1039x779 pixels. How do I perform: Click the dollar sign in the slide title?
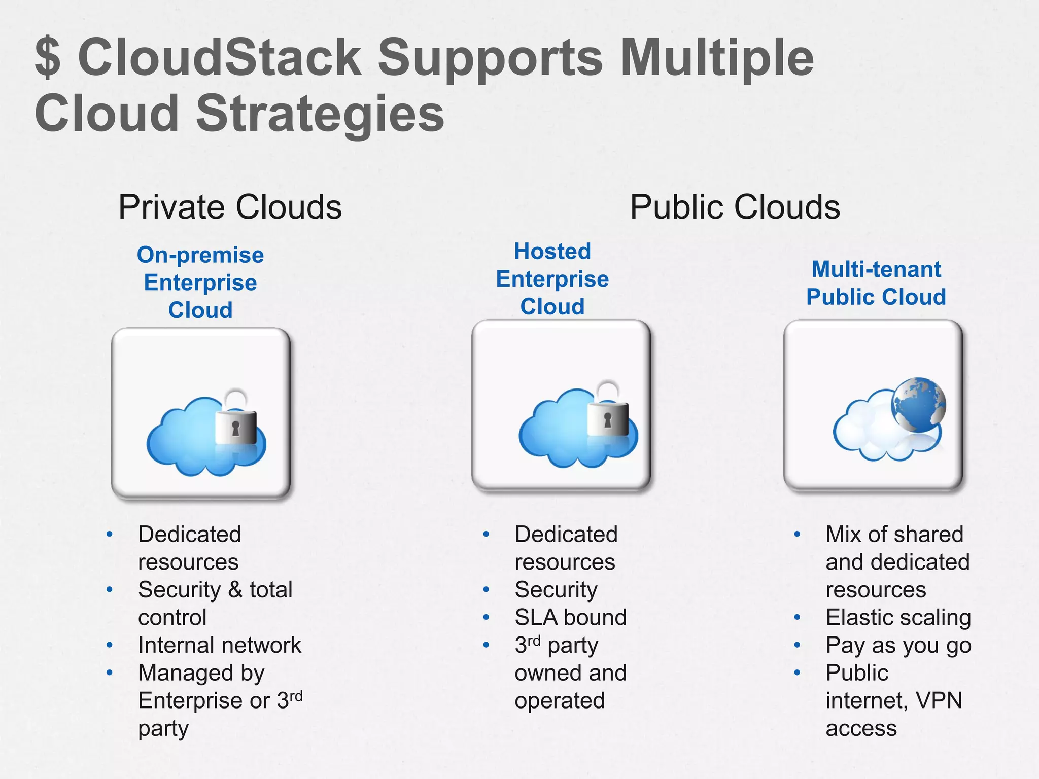tap(48, 57)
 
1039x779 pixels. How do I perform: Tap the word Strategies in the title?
tap(320, 114)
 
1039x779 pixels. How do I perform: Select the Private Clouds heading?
tap(230, 207)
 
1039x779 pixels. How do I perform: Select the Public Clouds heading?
tap(735, 207)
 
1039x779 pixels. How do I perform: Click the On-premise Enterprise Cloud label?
tap(200, 282)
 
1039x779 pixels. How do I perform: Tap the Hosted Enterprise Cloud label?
tap(552, 279)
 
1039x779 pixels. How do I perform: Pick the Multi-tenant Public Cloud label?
tap(876, 283)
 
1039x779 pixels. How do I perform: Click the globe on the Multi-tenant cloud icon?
tap(918, 405)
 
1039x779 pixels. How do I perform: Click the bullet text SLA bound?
tap(570, 617)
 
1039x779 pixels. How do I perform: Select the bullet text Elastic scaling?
tap(898, 617)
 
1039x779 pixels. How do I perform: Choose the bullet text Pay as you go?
tap(898, 645)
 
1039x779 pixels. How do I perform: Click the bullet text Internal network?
tap(220, 645)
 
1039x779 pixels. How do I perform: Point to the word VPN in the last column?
tap(939, 700)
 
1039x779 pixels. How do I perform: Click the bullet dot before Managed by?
tap(110, 673)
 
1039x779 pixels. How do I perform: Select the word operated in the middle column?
tap(560, 700)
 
